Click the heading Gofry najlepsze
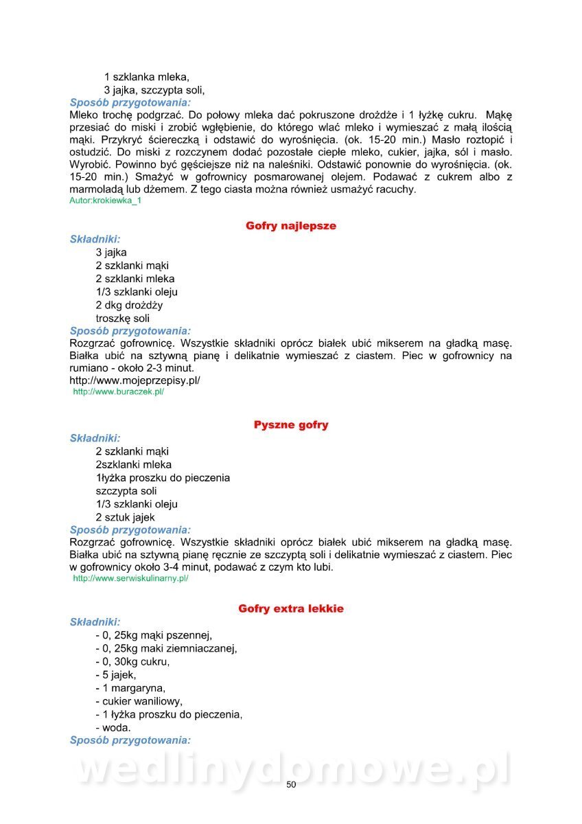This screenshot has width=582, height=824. tap(291, 226)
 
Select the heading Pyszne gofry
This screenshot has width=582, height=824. tap(291, 425)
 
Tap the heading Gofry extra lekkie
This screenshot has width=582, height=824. tap(291, 609)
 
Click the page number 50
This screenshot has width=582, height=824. tap(291, 785)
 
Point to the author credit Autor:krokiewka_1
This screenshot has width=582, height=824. tap(105, 201)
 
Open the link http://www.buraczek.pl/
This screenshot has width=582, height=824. tap(118, 392)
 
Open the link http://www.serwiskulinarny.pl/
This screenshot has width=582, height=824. tap(130, 579)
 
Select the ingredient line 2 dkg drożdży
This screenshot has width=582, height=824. tap(129, 305)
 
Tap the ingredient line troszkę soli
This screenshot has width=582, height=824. tap(123, 319)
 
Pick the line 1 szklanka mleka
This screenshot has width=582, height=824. tap(146, 77)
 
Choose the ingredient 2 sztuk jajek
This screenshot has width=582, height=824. tap(125, 517)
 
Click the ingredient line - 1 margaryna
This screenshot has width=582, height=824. tap(130, 688)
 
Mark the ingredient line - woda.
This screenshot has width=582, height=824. tap(113, 727)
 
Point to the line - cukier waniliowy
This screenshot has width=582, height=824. tap(139, 701)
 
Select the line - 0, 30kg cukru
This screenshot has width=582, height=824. tap(132, 662)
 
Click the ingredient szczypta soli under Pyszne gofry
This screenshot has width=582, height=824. tap(126, 491)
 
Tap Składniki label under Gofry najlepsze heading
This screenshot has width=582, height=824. tap(95, 240)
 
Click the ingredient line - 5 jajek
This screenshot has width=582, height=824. tap(116, 675)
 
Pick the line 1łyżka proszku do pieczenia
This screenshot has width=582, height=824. tap(163, 477)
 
